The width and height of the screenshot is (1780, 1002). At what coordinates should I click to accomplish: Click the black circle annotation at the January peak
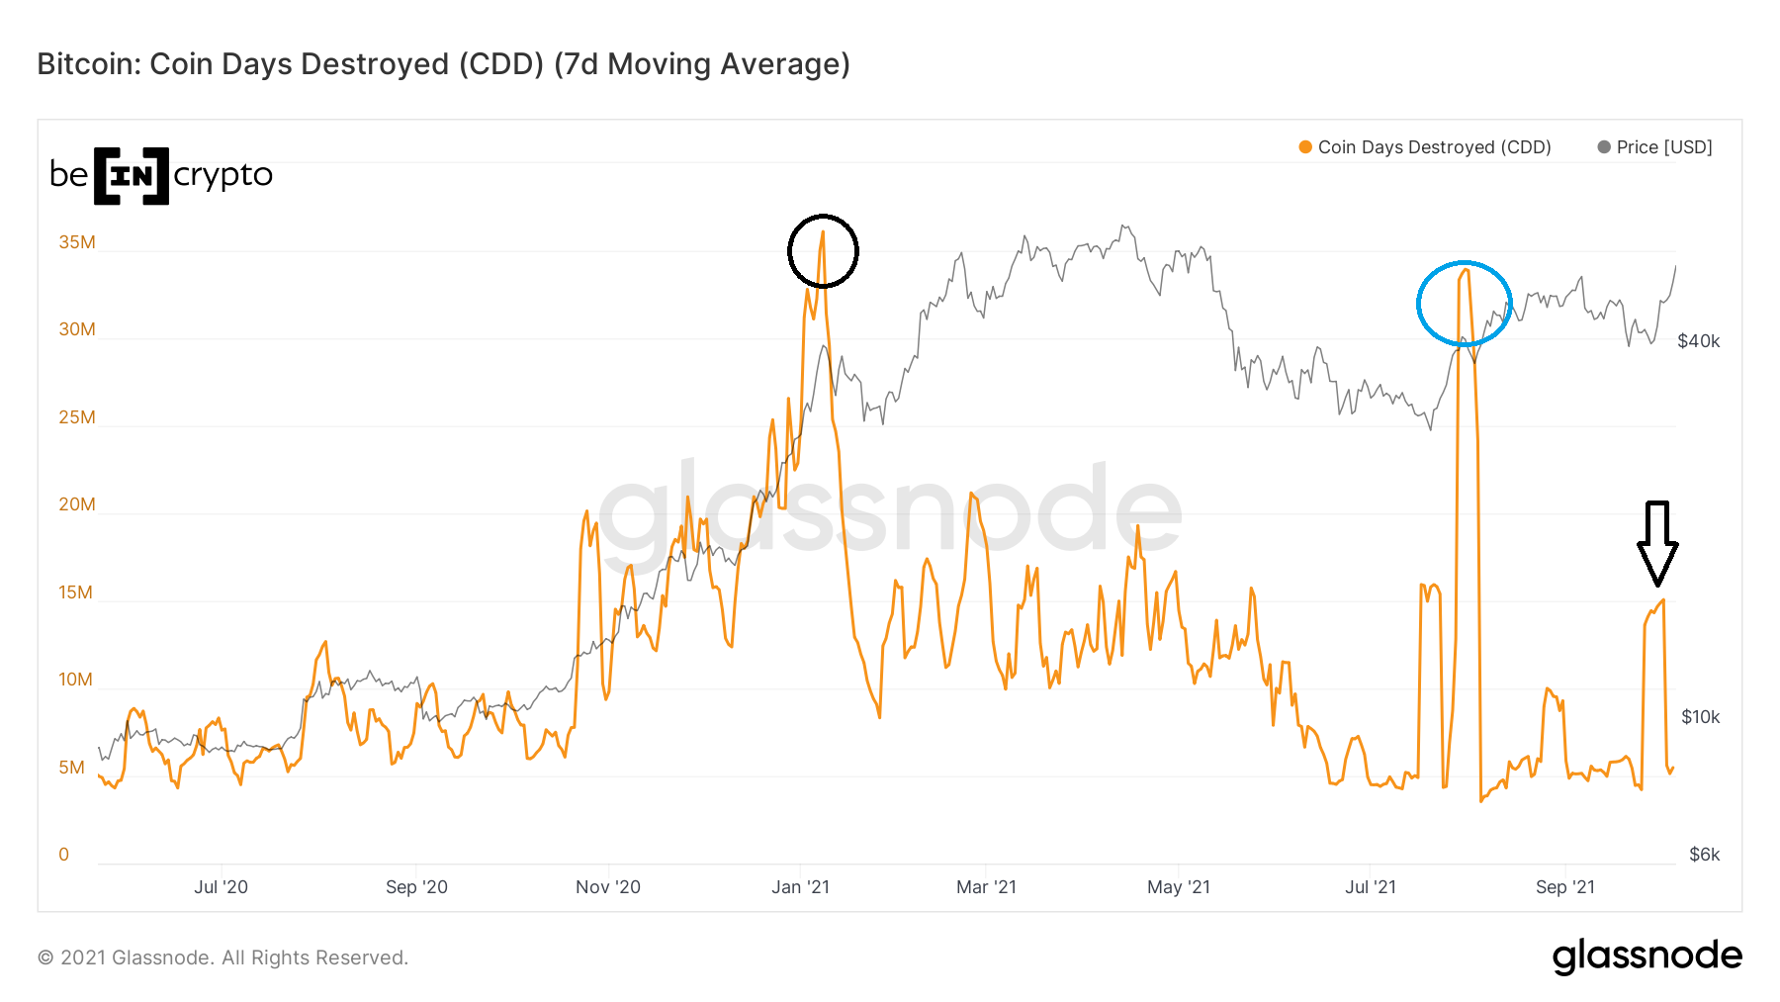pos(823,251)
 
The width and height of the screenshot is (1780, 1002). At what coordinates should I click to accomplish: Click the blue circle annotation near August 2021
pos(1464,304)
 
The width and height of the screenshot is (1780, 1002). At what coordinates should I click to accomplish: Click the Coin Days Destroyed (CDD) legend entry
pos(1425,147)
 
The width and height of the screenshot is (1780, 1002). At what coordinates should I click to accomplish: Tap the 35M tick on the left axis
pos(77,242)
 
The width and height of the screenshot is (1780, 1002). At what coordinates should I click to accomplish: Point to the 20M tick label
pos(77,504)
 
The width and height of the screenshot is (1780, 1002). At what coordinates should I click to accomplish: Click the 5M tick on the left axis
pos(71,768)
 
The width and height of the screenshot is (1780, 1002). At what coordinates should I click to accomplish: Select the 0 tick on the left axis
pos(64,855)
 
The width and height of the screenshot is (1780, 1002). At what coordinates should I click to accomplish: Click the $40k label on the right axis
pos(1698,341)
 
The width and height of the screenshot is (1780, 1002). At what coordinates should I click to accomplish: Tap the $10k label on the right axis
pos(1700,717)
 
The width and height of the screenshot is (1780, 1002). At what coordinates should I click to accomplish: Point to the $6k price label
pos(1704,855)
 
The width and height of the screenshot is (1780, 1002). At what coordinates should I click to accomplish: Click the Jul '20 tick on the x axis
pos(221,887)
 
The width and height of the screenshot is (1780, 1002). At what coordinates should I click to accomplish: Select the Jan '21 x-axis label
pos(800,887)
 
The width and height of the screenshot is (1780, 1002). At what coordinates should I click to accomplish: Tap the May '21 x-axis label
pos(1178,887)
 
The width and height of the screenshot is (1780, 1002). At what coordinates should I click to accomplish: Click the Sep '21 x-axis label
pos(1564,887)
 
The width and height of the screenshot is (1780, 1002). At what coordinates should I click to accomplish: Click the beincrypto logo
pos(160,175)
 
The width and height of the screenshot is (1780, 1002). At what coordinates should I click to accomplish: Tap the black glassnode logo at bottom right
pos(1646,956)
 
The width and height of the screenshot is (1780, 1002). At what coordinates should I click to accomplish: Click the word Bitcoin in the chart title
pos(89,64)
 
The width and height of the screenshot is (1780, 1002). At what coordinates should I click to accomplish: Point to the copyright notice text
pos(222,957)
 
